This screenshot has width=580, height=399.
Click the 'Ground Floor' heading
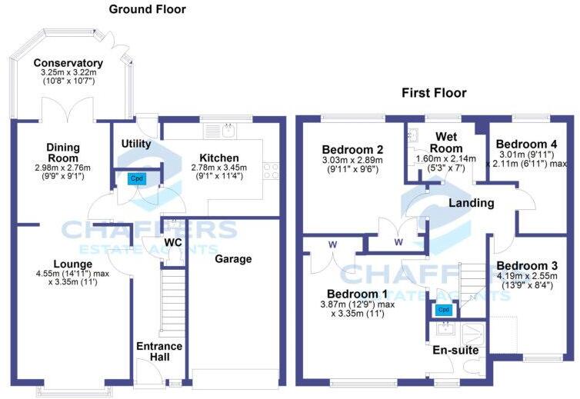pyautogui.click(x=147, y=10)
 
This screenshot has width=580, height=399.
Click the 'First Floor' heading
pyautogui.click(x=434, y=93)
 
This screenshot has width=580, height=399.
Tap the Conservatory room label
pyautogui.click(x=73, y=63)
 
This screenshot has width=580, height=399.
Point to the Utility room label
pyautogui.click(x=136, y=144)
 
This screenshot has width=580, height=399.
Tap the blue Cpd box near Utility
pyautogui.click(x=137, y=179)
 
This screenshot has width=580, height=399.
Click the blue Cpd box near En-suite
pyautogui.click(x=442, y=310)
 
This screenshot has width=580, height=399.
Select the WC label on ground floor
pyautogui.click(x=172, y=243)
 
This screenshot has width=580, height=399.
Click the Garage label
pyautogui.click(x=233, y=259)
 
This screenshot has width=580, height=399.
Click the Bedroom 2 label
pyautogui.click(x=352, y=149)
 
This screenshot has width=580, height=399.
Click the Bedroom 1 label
pyautogui.click(x=357, y=294)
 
